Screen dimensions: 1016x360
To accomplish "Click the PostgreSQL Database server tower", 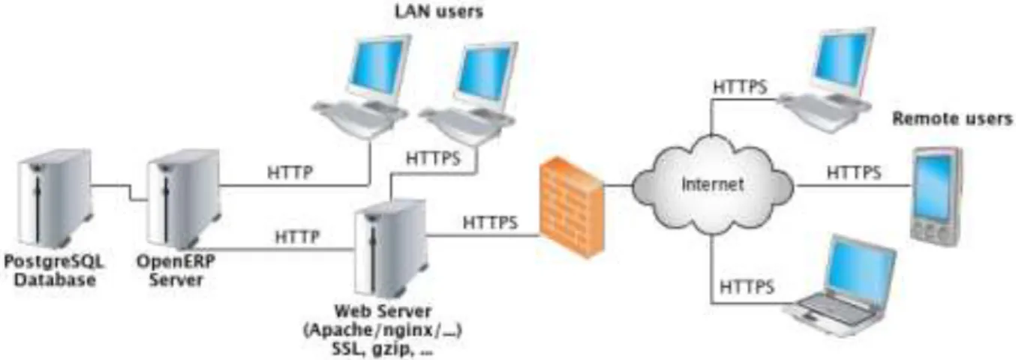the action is click(55, 199).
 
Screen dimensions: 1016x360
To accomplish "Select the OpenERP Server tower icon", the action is click(184, 199).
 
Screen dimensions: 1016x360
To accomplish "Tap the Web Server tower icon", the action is click(390, 249).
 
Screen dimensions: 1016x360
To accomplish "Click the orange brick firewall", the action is click(572, 207).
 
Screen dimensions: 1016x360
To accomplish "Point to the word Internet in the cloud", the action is click(713, 184).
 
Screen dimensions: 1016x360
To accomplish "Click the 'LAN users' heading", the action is click(439, 11).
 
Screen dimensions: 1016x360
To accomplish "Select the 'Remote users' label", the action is click(952, 118).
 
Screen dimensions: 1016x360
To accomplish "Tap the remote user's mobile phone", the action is click(936, 196).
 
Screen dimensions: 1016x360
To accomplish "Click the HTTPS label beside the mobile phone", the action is click(854, 172).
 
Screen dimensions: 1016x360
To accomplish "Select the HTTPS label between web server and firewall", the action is click(490, 223).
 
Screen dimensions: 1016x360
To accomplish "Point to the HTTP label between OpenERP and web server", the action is click(297, 237).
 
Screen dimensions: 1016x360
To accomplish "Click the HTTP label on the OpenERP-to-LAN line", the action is click(290, 172).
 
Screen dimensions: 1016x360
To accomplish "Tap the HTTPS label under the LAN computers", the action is click(433, 159).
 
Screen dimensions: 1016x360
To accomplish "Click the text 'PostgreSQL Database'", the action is click(55, 271).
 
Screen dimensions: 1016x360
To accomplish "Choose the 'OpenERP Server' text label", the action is click(176, 271).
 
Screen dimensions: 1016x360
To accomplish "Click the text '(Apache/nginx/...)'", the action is click(383, 331).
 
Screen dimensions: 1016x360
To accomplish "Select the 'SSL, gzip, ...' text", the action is click(383, 349).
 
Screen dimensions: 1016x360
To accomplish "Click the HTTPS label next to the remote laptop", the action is click(747, 287).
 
